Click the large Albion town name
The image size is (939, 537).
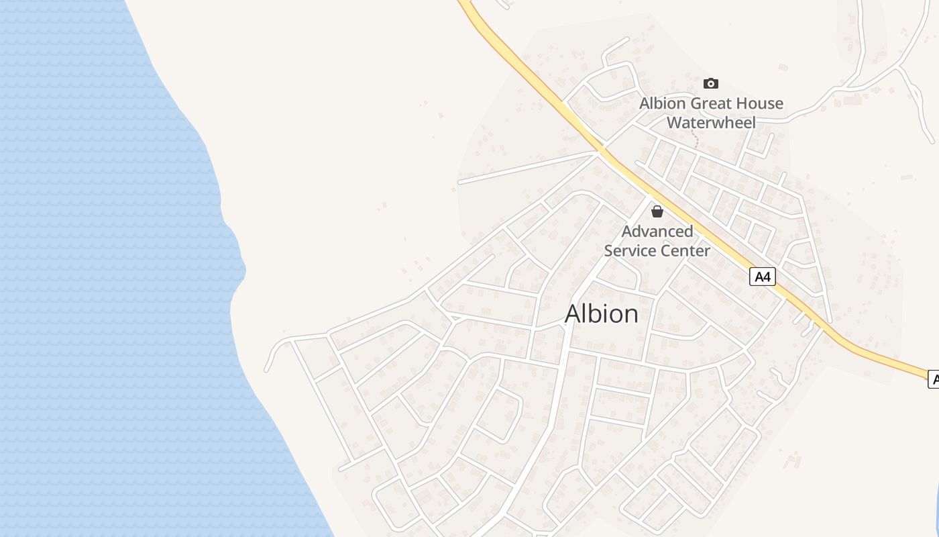point(602,313)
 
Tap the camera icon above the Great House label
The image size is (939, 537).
point(711,83)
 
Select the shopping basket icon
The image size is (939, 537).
point(657,211)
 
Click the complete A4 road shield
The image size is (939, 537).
point(762,277)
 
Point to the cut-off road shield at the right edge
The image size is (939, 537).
point(933,379)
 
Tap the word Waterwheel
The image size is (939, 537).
point(711,122)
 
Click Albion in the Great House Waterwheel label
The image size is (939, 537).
point(663,103)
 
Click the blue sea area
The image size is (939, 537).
point(101,268)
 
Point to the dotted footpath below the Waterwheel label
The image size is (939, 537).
point(696,140)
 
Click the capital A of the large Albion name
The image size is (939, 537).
point(574,314)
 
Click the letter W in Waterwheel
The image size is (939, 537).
point(675,122)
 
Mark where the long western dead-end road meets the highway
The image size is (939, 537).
point(598,152)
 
